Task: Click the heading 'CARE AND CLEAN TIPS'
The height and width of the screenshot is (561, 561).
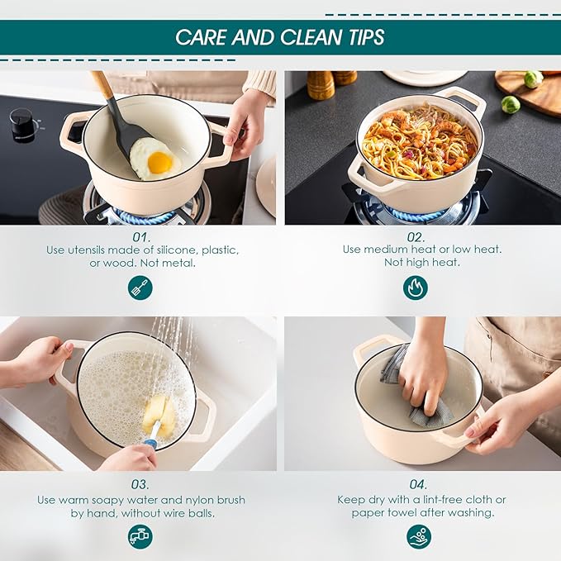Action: [280, 37]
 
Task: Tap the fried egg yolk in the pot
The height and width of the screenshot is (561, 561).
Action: [159, 162]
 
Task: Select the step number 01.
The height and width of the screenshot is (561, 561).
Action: [140, 235]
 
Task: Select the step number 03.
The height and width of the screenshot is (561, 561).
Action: [140, 485]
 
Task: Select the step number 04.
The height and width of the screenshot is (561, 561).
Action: [421, 485]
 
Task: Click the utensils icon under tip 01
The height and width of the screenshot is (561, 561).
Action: [140, 288]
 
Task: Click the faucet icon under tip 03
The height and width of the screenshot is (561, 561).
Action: [140, 536]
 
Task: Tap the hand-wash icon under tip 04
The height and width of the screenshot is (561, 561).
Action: [419, 536]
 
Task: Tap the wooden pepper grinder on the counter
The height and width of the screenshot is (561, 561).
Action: [321, 85]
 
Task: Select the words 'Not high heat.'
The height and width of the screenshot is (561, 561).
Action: [421, 262]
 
